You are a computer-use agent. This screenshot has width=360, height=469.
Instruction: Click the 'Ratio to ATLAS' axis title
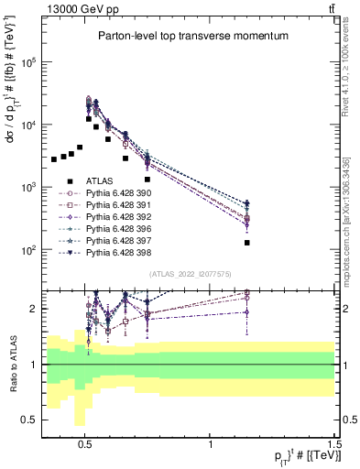point(13,364)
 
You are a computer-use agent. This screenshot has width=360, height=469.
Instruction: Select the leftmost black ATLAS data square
point(54,159)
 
